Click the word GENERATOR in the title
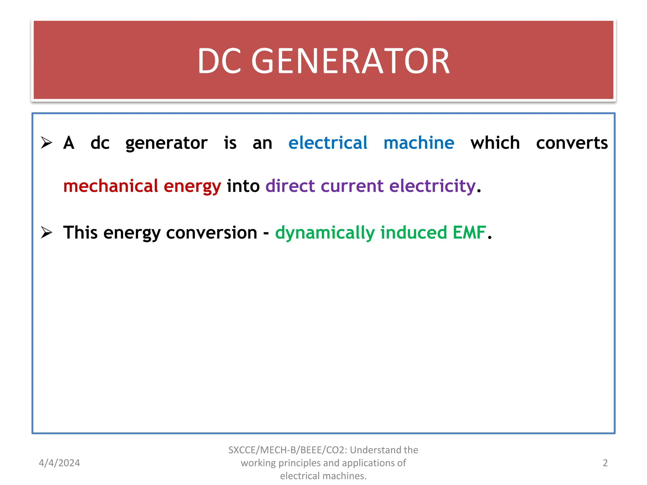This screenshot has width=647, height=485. click(350, 61)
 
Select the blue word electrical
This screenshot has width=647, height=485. click(328, 143)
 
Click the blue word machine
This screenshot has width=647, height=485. click(419, 143)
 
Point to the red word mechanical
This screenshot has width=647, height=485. click(111, 186)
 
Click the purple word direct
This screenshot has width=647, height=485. click(290, 186)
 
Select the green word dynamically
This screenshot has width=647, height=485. click(325, 233)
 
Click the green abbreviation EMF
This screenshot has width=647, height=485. click(469, 232)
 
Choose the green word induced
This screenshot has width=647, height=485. click(414, 232)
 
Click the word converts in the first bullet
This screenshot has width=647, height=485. click(572, 143)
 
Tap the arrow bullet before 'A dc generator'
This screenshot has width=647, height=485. click(46, 143)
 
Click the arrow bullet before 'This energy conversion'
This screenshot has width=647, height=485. click(46, 233)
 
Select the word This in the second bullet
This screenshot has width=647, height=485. click(80, 232)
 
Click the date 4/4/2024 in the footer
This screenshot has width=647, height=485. click(59, 463)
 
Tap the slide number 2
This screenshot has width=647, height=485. click(605, 463)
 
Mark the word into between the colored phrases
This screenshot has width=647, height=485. click(243, 186)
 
